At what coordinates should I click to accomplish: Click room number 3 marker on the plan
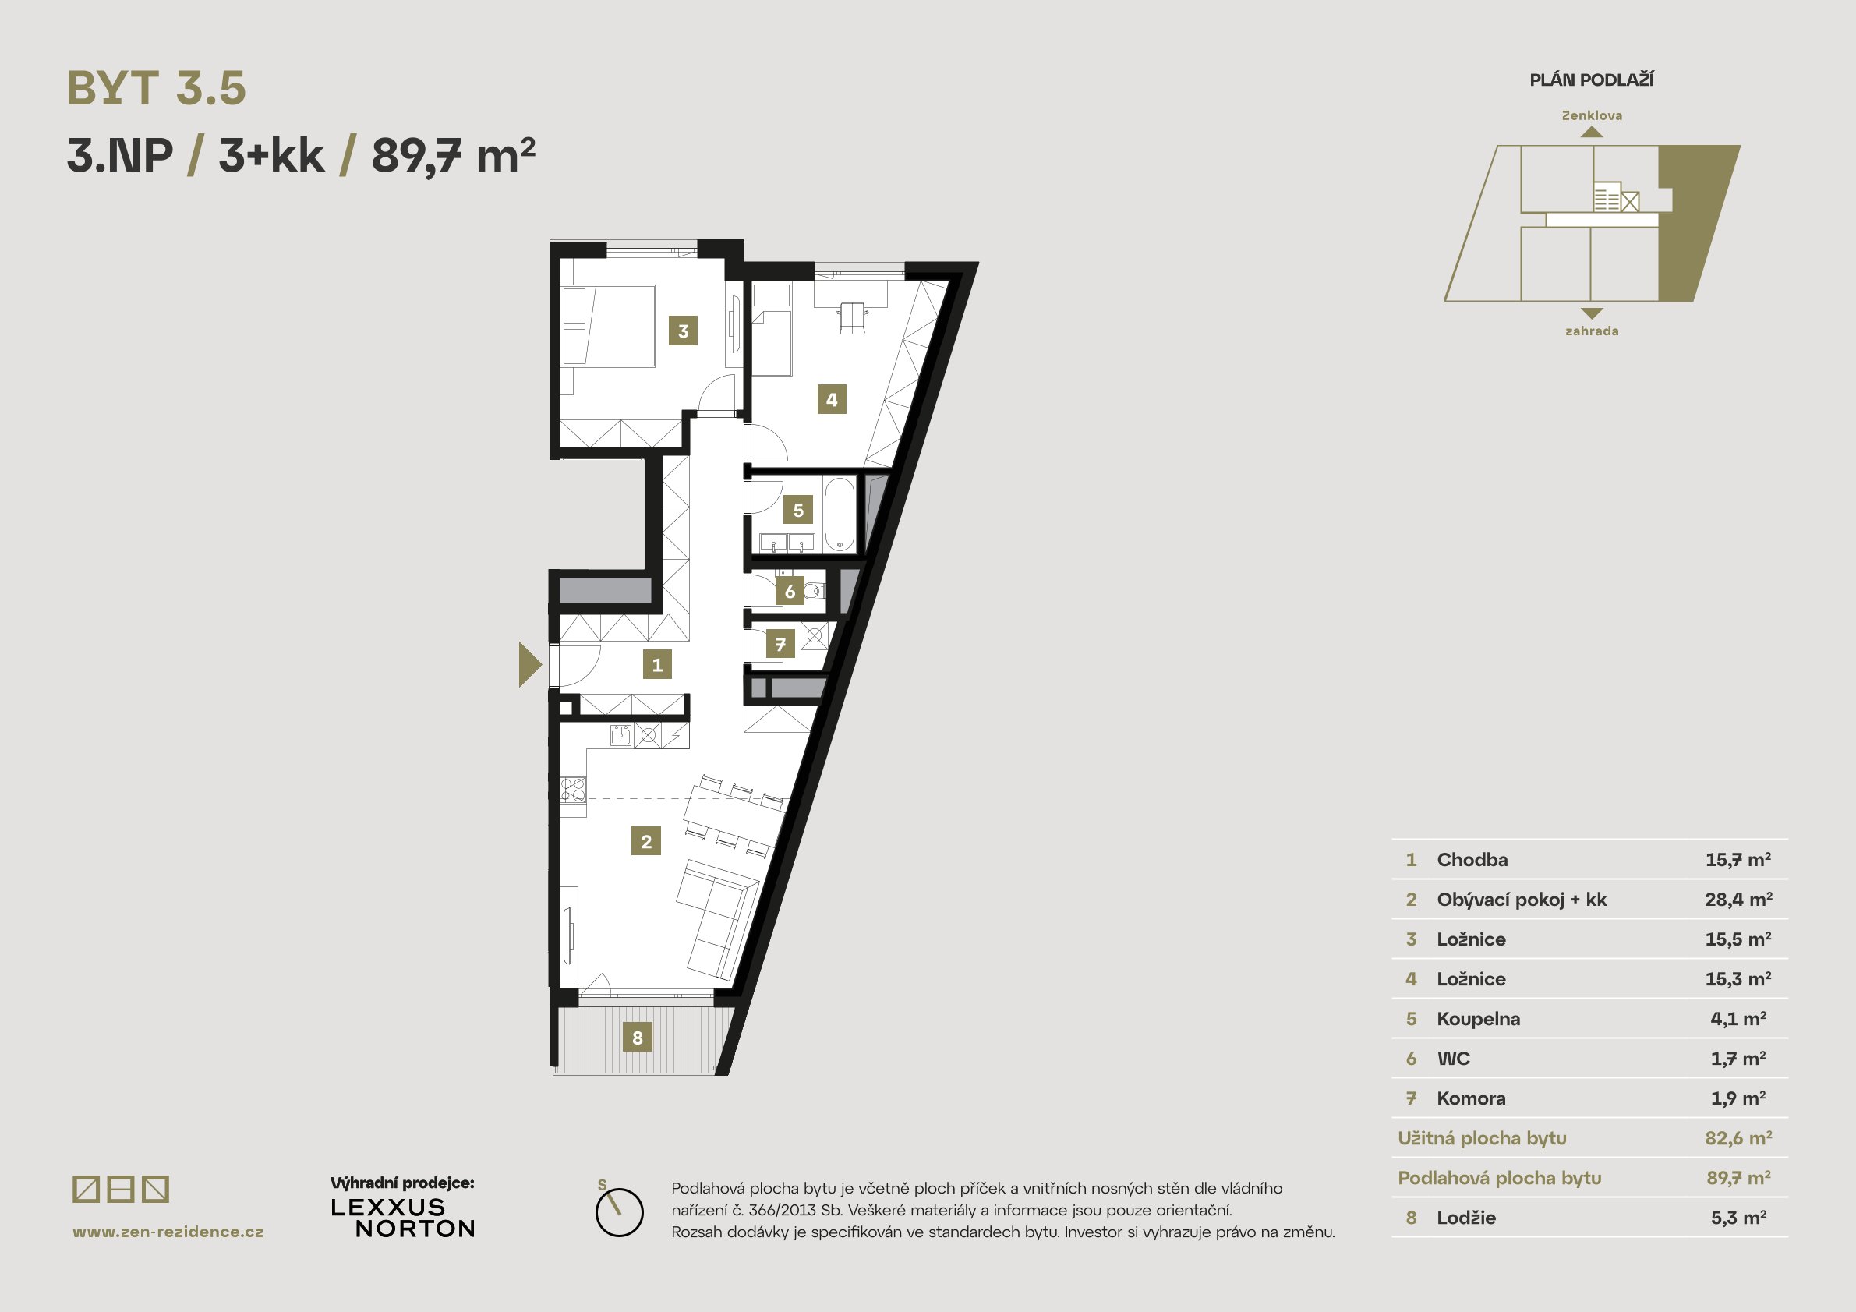click(x=683, y=331)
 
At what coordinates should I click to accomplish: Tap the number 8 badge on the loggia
click(x=637, y=1037)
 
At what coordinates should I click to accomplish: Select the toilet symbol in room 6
click(x=815, y=592)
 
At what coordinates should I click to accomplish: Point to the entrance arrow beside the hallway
click(x=530, y=664)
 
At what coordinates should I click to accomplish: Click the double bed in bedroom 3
click(x=619, y=326)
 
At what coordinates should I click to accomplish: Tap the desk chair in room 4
click(x=852, y=318)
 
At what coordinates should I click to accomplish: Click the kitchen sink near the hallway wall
click(x=620, y=736)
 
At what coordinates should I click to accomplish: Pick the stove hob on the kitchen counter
click(x=573, y=789)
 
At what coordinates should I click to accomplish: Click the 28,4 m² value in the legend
click(x=1739, y=899)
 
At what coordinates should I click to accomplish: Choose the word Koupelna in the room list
click(x=1478, y=1019)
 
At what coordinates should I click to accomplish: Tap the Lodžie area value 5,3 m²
click(x=1738, y=1218)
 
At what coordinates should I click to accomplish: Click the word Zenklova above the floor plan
click(x=1592, y=115)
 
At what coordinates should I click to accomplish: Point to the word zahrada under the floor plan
click(x=1592, y=331)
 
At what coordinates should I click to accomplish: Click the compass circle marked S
click(x=619, y=1211)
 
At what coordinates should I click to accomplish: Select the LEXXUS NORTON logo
click(x=403, y=1218)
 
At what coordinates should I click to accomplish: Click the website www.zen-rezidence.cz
click(x=168, y=1232)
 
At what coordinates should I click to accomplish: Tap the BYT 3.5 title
click(x=156, y=88)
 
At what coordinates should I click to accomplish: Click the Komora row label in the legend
click(x=1470, y=1098)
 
